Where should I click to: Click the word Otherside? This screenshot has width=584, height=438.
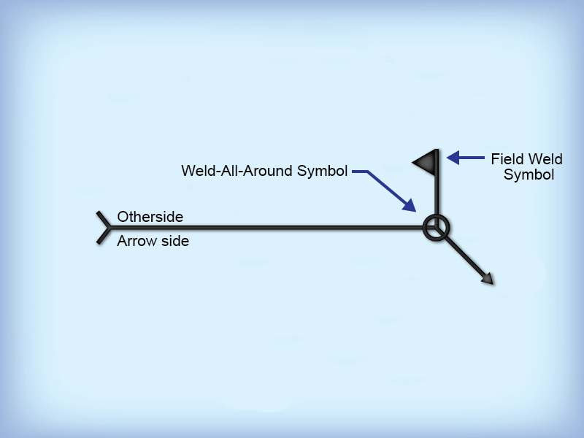(x=150, y=217)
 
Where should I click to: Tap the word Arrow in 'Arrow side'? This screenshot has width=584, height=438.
(x=136, y=241)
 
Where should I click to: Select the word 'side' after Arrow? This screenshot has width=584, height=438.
(x=174, y=241)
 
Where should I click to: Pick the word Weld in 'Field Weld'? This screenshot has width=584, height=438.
(x=546, y=159)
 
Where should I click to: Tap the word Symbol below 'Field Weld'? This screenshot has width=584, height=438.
(x=529, y=175)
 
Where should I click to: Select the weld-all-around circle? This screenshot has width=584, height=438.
(x=437, y=228)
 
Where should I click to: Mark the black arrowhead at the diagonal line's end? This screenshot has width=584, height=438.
(x=487, y=278)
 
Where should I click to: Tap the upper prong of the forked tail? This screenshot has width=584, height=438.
(x=104, y=220)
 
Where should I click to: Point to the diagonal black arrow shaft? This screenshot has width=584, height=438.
(x=464, y=255)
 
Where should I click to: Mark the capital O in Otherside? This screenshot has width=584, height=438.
(x=123, y=217)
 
